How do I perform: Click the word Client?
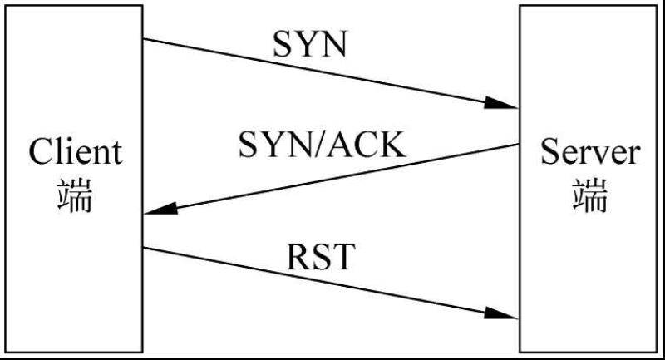[75, 153]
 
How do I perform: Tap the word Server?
[590, 153]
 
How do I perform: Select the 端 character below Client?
[75, 196]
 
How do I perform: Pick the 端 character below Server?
[590, 196]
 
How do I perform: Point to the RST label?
[320, 258]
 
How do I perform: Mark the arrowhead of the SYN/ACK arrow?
[161, 210]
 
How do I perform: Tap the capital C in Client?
[40, 153]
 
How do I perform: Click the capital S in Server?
[551, 153]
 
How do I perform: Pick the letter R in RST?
[298, 258]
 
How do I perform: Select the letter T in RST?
[342, 258]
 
